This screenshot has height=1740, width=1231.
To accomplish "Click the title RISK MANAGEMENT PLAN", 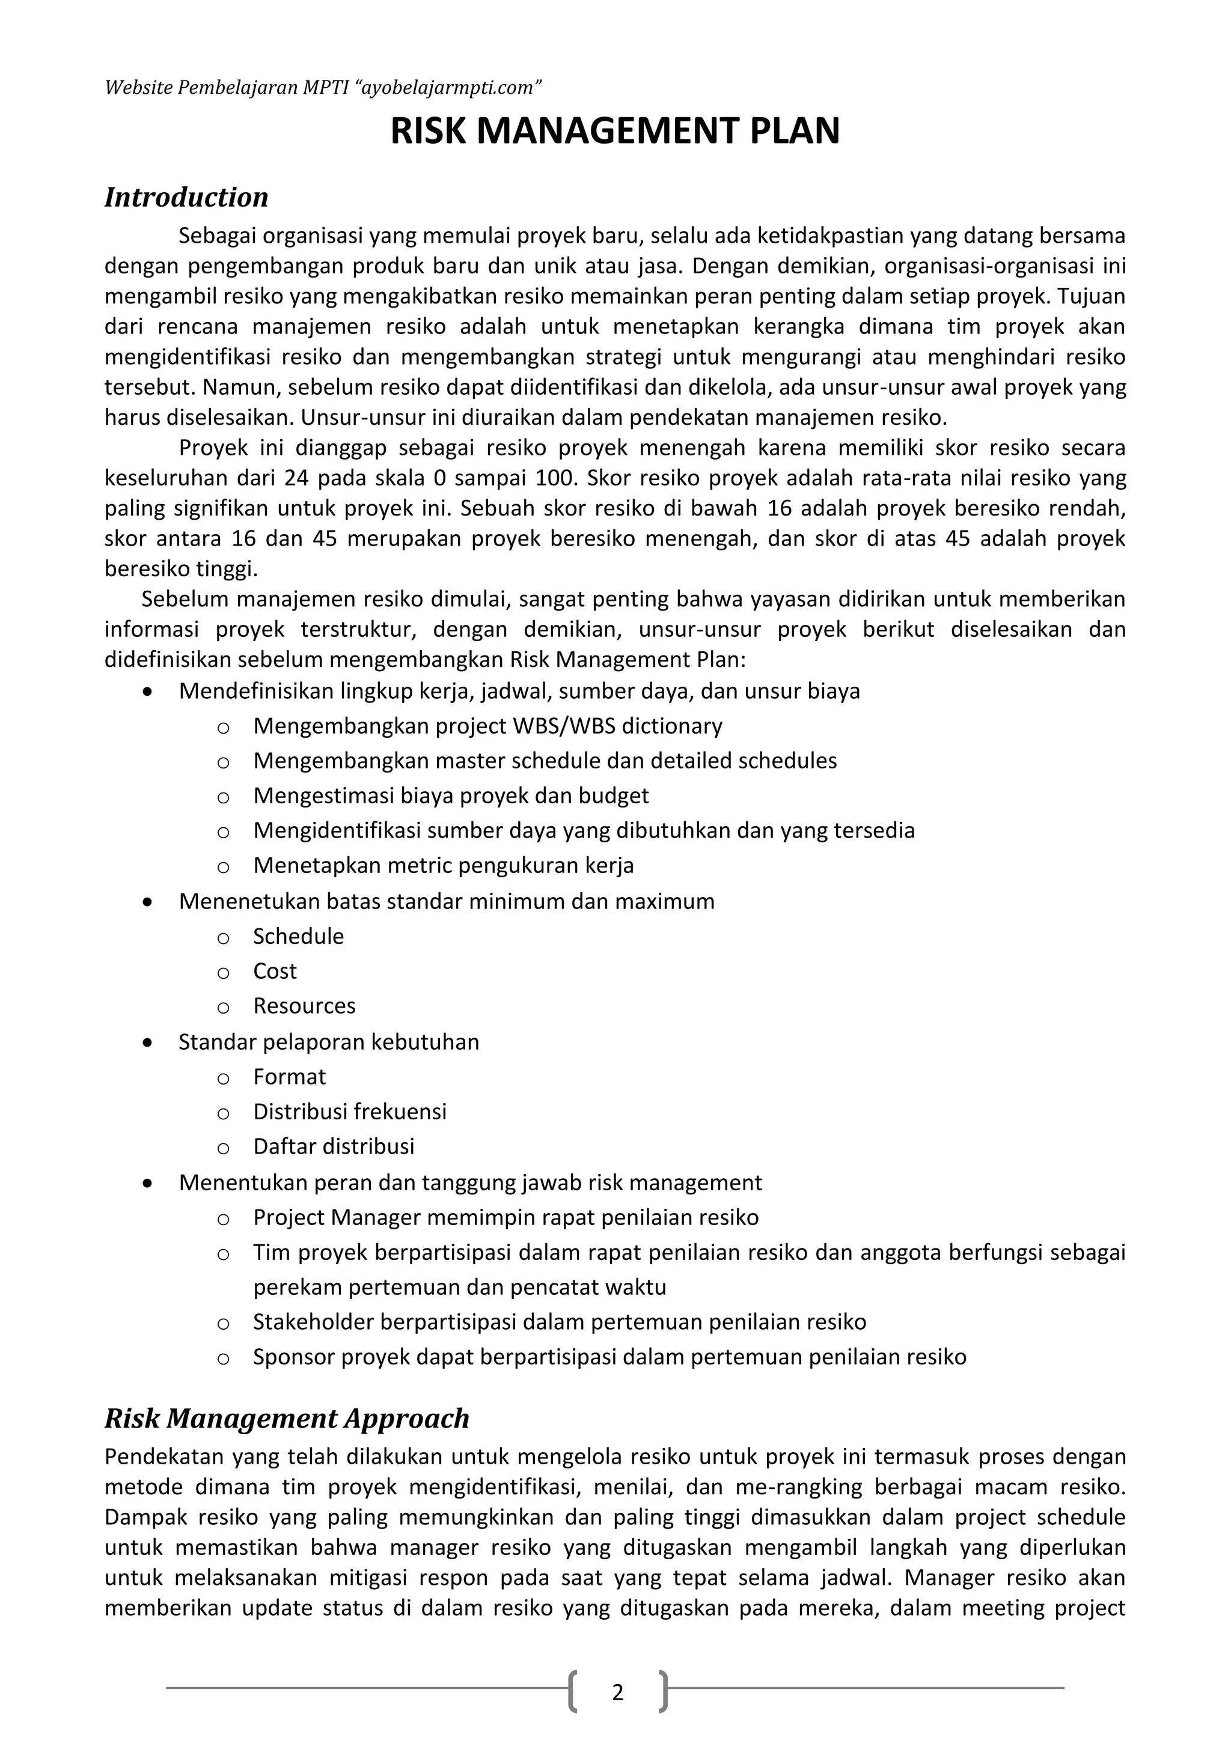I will [615, 132].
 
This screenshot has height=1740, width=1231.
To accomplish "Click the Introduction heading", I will [186, 197].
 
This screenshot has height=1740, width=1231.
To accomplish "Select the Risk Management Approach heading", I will [287, 1418].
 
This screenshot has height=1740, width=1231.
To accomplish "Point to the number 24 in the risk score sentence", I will [297, 478].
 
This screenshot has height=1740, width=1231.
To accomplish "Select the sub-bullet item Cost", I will [275, 971].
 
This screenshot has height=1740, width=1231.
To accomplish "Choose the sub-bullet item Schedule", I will [298, 936].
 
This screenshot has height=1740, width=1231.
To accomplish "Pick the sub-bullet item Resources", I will [304, 1006].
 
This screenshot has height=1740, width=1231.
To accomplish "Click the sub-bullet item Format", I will [289, 1077].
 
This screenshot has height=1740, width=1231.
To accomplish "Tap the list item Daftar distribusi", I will [334, 1146].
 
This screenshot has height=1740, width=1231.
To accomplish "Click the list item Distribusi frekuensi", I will [349, 1112].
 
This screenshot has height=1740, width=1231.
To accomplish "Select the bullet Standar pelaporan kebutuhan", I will [328, 1042].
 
